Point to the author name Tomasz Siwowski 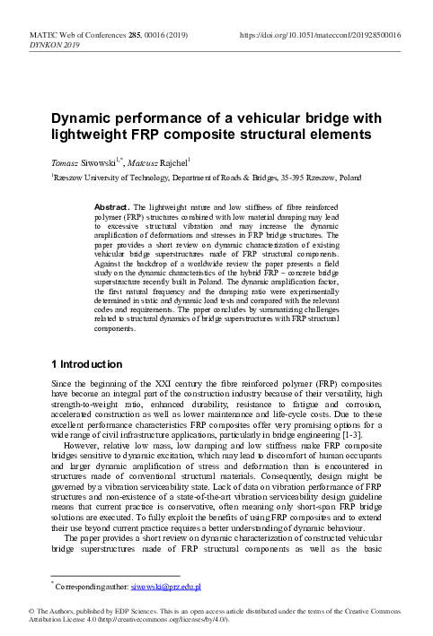pyautogui.click(x=86, y=164)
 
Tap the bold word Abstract pyautogui.click(x=114, y=206)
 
